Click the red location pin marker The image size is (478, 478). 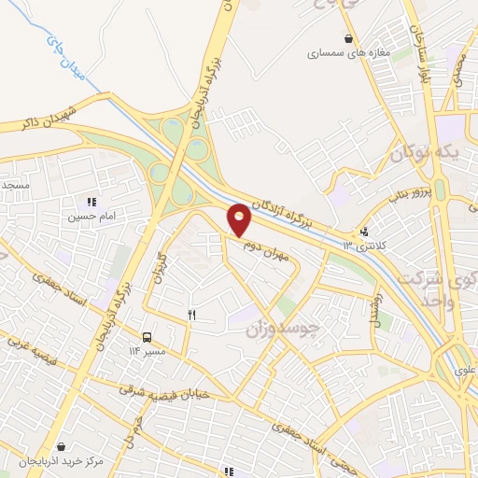pyautogui.click(x=240, y=218)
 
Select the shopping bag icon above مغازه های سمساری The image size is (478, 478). pyautogui.click(x=348, y=39)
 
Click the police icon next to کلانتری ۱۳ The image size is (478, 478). pyautogui.click(x=363, y=232)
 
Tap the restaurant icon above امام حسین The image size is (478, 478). pyautogui.click(x=91, y=202)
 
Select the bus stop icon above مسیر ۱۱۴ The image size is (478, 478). pyautogui.click(x=147, y=337)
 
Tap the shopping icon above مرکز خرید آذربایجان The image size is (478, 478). pyautogui.click(x=61, y=447)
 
